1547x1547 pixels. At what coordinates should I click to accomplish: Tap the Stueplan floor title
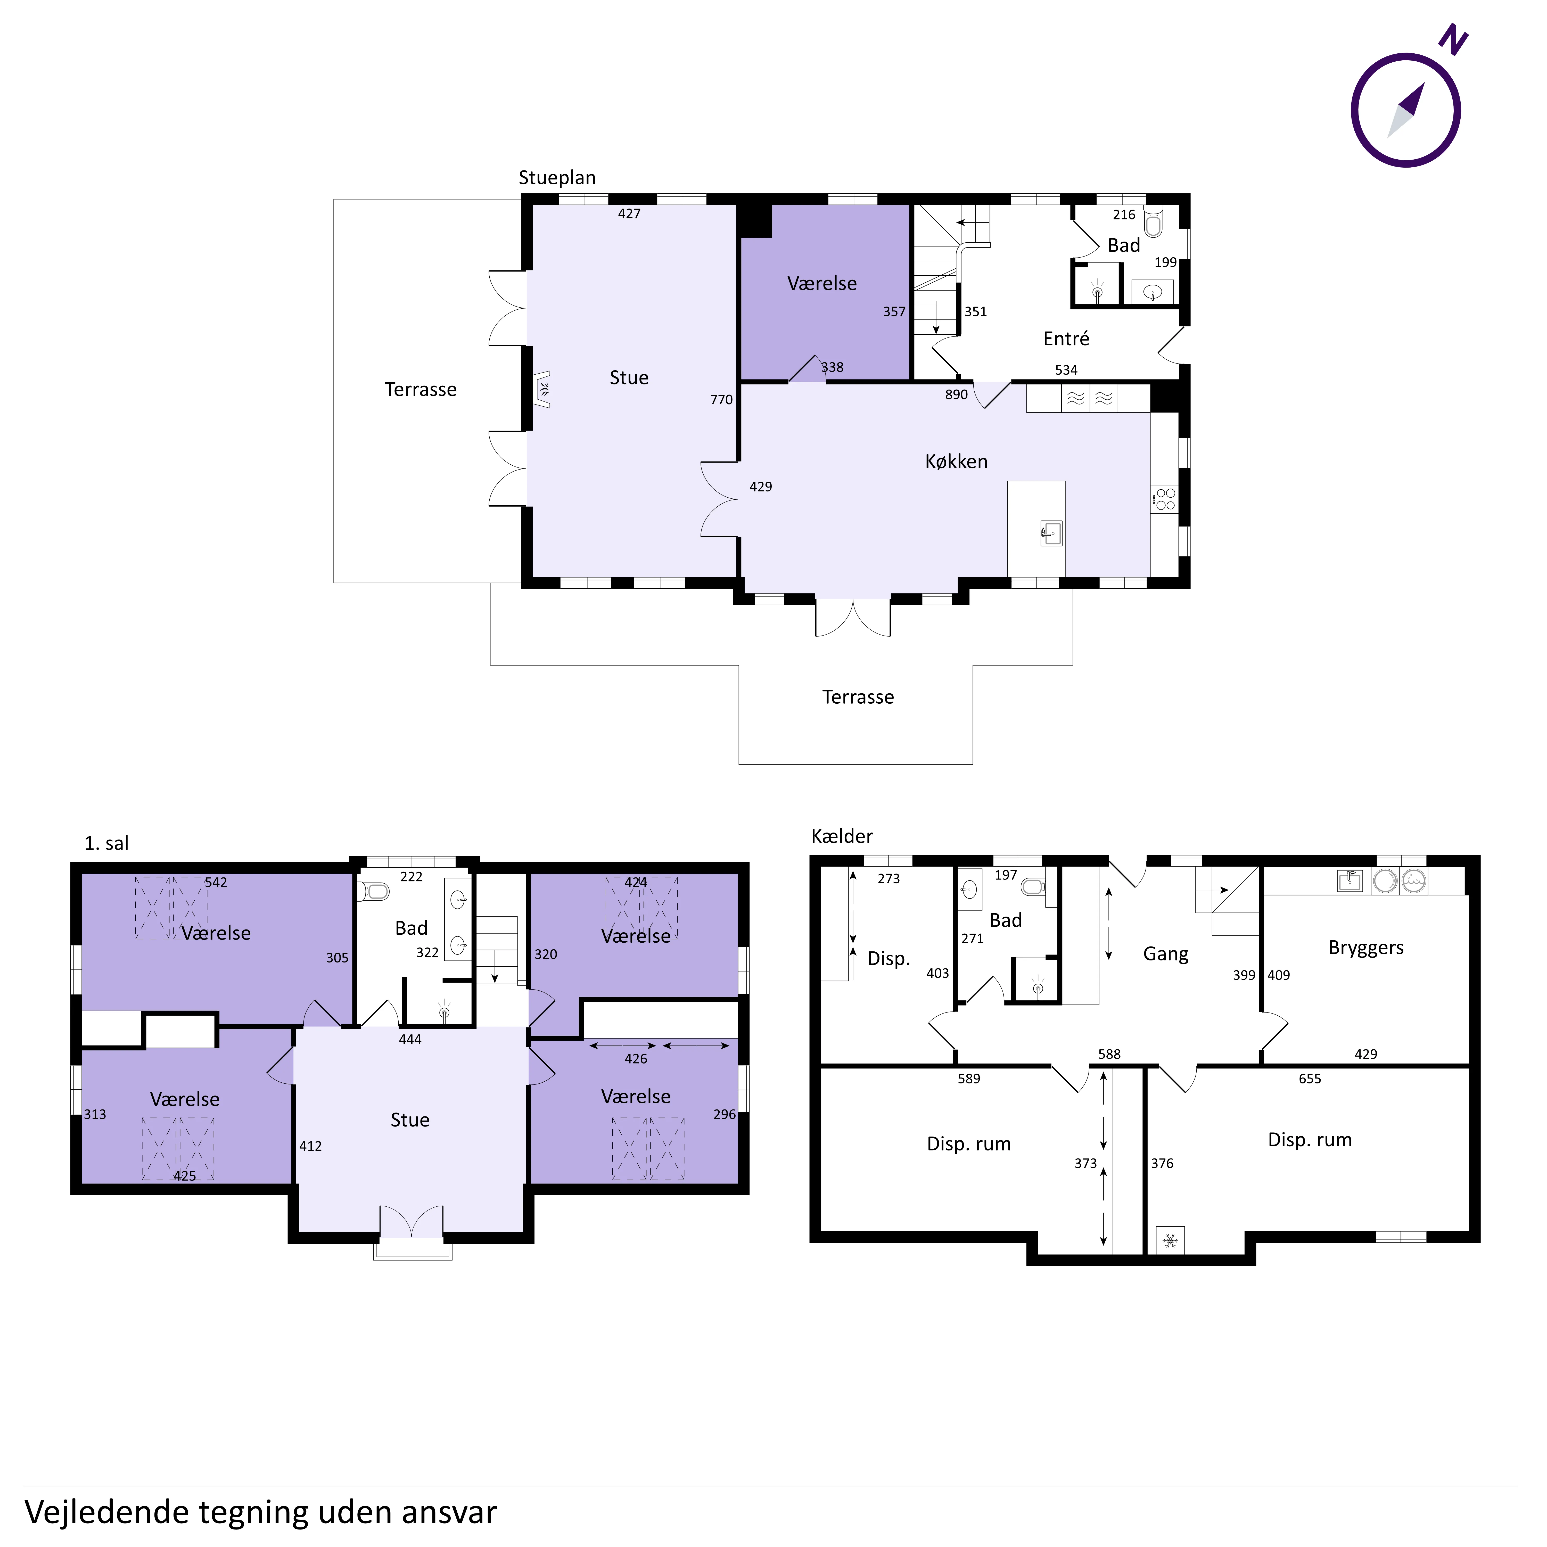pyautogui.click(x=557, y=178)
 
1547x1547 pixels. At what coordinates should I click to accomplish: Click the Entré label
pyautogui.click(x=1066, y=339)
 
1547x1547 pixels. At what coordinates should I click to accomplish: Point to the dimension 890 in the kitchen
pyautogui.click(x=956, y=395)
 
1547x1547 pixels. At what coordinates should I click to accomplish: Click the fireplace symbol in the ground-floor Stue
pyautogui.click(x=542, y=390)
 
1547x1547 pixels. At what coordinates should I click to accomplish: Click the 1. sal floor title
pyautogui.click(x=106, y=843)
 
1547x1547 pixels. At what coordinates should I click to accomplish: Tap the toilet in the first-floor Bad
pyautogui.click(x=374, y=891)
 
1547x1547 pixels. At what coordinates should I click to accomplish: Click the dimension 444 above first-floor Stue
pyautogui.click(x=410, y=1039)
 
